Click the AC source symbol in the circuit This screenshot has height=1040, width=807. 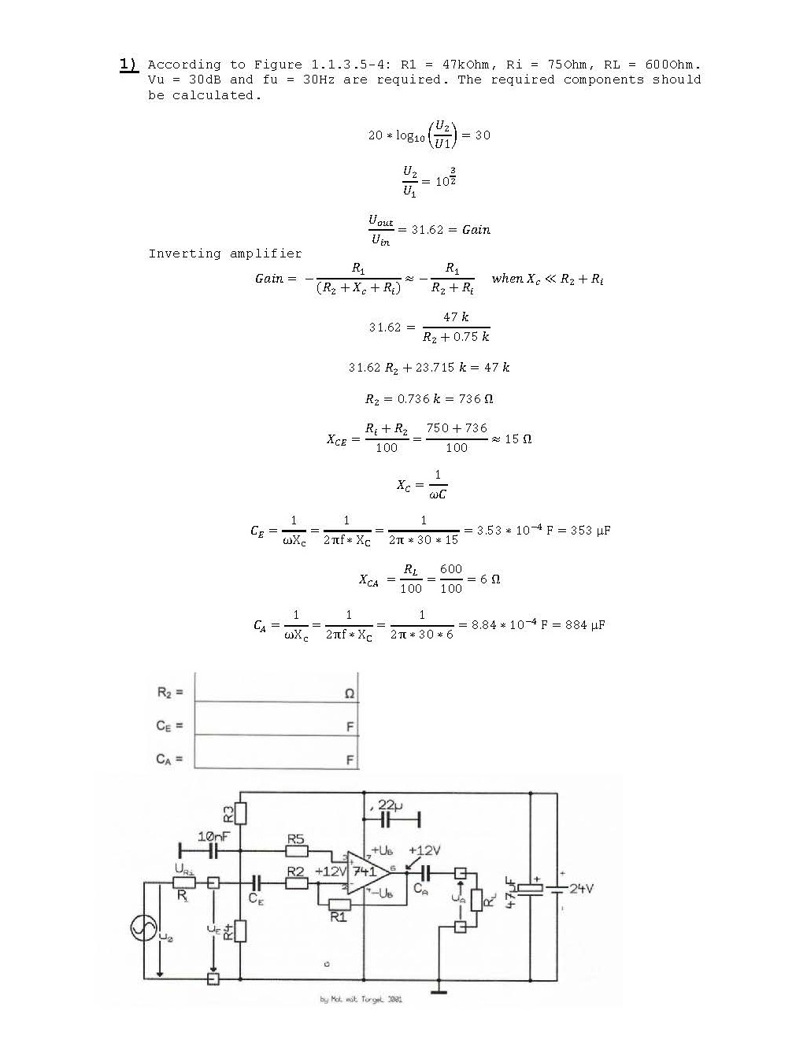pyautogui.click(x=145, y=928)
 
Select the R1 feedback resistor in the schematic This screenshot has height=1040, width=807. pyautogui.click(x=339, y=904)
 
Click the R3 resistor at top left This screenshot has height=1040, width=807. pyautogui.click(x=241, y=812)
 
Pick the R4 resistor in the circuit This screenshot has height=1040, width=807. pyautogui.click(x=241, y=931)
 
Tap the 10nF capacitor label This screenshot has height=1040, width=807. pyautogui.click(x=213, y=836)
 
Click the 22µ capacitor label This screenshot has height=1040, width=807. pyautogui.click(x=391, y=805)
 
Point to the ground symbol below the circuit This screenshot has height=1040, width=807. pyautogui.click(x=439, y=991)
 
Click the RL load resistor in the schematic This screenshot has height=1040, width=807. pyautogui.click(x=476, y=899)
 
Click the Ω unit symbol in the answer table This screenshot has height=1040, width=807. pyautogui.click(x=350, y=694)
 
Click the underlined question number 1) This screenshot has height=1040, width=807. pyautogui.click(x=128, y=64)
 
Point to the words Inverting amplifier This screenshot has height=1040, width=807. pyautogui.click(x=225, y=254)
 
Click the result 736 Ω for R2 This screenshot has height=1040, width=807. pyautogui.click(x=474, y=399)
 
